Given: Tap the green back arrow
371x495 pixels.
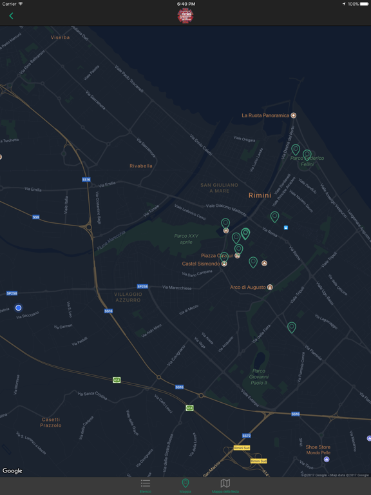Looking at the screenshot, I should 11,16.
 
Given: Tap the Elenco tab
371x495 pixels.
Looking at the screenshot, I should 146,485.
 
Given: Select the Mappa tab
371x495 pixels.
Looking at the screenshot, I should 185,485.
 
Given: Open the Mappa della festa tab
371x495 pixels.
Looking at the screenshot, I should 225,485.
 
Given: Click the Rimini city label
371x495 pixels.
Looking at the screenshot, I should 260,195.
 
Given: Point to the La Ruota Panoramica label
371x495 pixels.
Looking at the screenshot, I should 265,115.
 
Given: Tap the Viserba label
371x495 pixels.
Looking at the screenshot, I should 60,37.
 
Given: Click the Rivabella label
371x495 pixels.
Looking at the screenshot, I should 141,166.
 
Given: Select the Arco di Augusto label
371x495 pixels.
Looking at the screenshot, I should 248,287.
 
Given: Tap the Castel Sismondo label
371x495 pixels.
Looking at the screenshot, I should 201,264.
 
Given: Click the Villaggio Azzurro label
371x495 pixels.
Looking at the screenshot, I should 128,297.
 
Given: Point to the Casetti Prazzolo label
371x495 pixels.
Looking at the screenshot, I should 51,422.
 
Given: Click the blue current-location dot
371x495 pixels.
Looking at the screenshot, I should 18,308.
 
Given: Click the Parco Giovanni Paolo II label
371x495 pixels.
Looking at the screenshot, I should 258,376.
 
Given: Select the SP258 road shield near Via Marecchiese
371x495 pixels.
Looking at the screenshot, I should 142,287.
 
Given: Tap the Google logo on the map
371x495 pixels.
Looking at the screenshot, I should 12,471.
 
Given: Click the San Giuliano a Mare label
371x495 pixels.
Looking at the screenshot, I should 219,188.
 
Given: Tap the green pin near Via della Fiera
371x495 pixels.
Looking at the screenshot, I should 292,327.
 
